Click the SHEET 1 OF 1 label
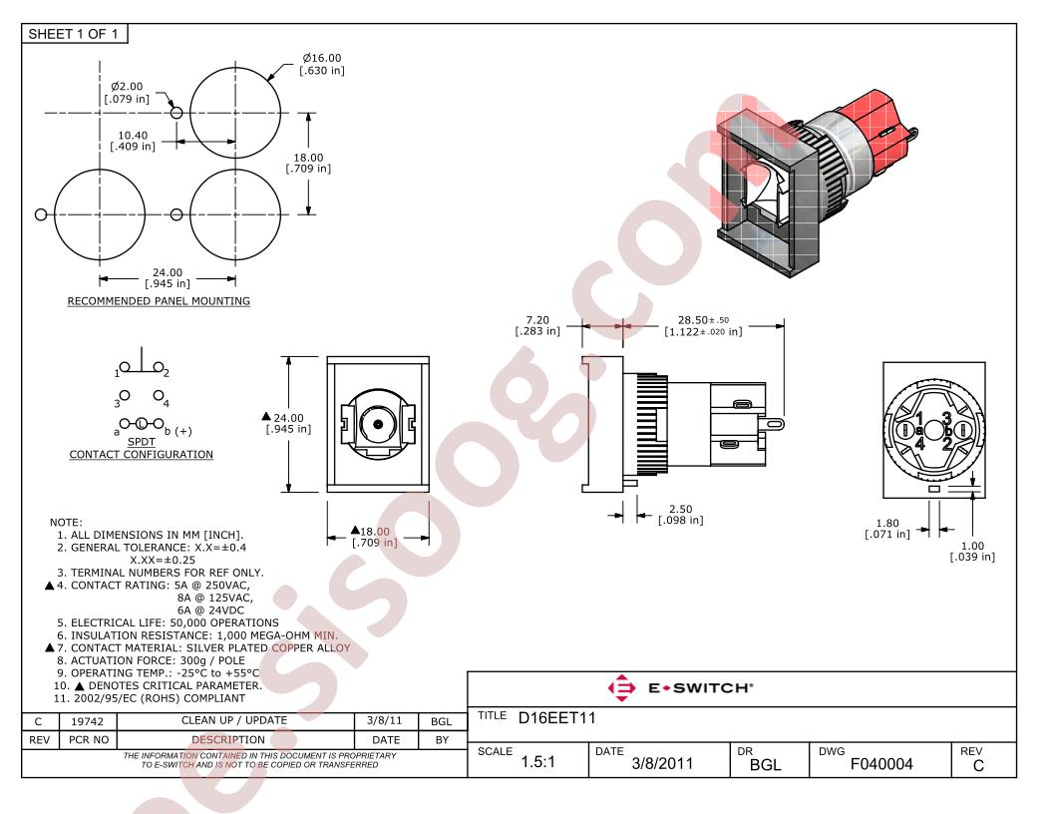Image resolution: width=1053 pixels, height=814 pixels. pos(73,34)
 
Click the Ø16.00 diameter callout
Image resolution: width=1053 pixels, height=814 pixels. pos(322,59)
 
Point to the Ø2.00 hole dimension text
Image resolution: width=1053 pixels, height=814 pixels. pos(127,87)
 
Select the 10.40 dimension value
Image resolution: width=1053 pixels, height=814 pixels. pos(133,136)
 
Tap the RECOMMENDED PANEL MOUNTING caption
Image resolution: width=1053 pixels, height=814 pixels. pos(159,301)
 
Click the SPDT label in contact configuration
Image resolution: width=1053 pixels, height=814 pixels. pos(141,442)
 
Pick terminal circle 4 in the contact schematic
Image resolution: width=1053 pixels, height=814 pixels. pos(158,396)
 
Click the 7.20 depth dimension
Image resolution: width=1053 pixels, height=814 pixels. pos(537,320)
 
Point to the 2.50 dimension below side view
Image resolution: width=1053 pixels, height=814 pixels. pos(680,509)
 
